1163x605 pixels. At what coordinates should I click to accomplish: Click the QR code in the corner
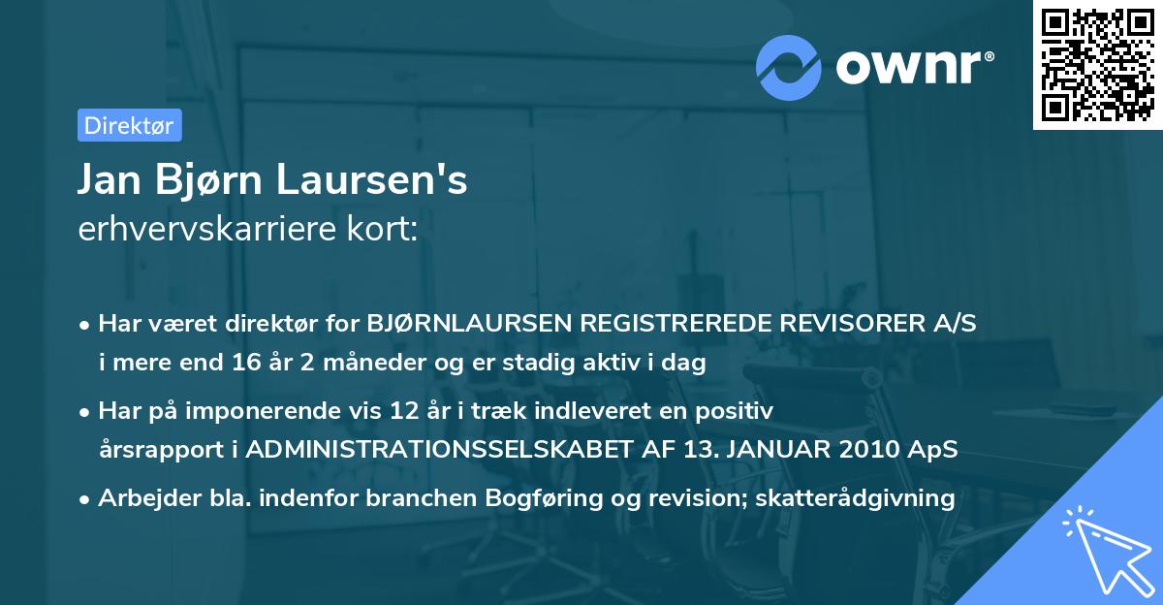pyautogui.click(x=1098, y=65)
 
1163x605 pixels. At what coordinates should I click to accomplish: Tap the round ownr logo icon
pyautogui.click(x=789, y=68)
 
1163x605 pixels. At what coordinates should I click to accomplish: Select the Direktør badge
pyautogui.click(x=129, y=125)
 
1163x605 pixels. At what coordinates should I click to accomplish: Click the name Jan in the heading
pyautogui.click(x=110, y=180)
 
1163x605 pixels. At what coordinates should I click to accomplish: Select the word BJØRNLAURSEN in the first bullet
pyautogui.click(x=467, y=324)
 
